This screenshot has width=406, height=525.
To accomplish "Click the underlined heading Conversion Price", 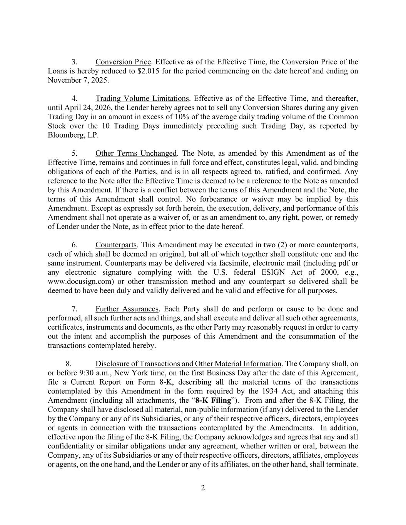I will [123, 62].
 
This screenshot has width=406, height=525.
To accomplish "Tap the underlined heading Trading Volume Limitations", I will [142, 98].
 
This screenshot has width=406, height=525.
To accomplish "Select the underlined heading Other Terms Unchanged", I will [135, 153].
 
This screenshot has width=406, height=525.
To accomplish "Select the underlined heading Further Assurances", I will [127, 309].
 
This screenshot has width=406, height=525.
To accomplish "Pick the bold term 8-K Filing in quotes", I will [213, 400].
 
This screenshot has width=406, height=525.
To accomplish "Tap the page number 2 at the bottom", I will [203, 488].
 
